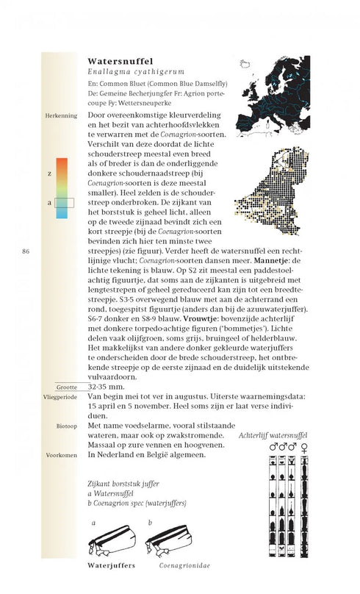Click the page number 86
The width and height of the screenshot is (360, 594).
[x=26, y=253]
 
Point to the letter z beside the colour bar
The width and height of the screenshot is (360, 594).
[x=49, y=173]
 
